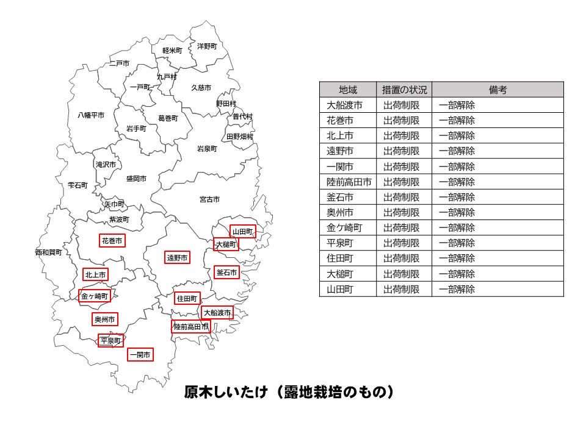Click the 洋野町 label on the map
point(207,46)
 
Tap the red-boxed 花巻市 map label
point(112,241)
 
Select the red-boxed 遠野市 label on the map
point(178,258)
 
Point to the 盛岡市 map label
point(136,179)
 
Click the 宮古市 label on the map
point(209,199)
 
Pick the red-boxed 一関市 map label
point(140,354)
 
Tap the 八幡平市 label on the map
point(91,115)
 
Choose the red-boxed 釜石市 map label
point(226,273)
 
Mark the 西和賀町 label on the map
point(48,252)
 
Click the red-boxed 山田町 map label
point(242,232)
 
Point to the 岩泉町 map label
point(207,148)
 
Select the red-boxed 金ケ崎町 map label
point(95,297)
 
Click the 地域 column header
point(348,90)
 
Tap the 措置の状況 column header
point(404,90)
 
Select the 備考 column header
point(497,90)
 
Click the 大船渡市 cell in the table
point(344,105)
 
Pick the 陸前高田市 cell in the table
point(349,182)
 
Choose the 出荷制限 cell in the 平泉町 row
point(401,243)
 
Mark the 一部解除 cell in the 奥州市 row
point(457,212)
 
